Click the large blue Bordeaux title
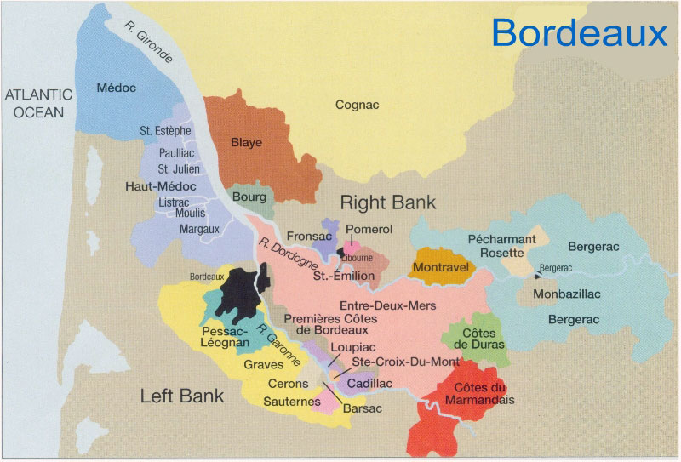tap(579, 33)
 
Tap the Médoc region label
tap(117, 87)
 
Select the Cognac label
tap(357, 105)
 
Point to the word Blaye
tap(246, 142)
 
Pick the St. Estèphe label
tap(165, 131)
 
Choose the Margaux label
tap(199, 229)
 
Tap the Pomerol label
tap(369, 230)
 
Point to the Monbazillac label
tap(566, 294)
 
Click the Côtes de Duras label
tap(480, 338)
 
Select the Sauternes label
tap(291, 401)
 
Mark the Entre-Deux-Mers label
tap(387, 305)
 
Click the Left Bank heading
tap(182, 396)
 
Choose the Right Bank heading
tap(388, 202)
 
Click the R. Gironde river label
tap(149, 43)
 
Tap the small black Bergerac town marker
tap(537, 275)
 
